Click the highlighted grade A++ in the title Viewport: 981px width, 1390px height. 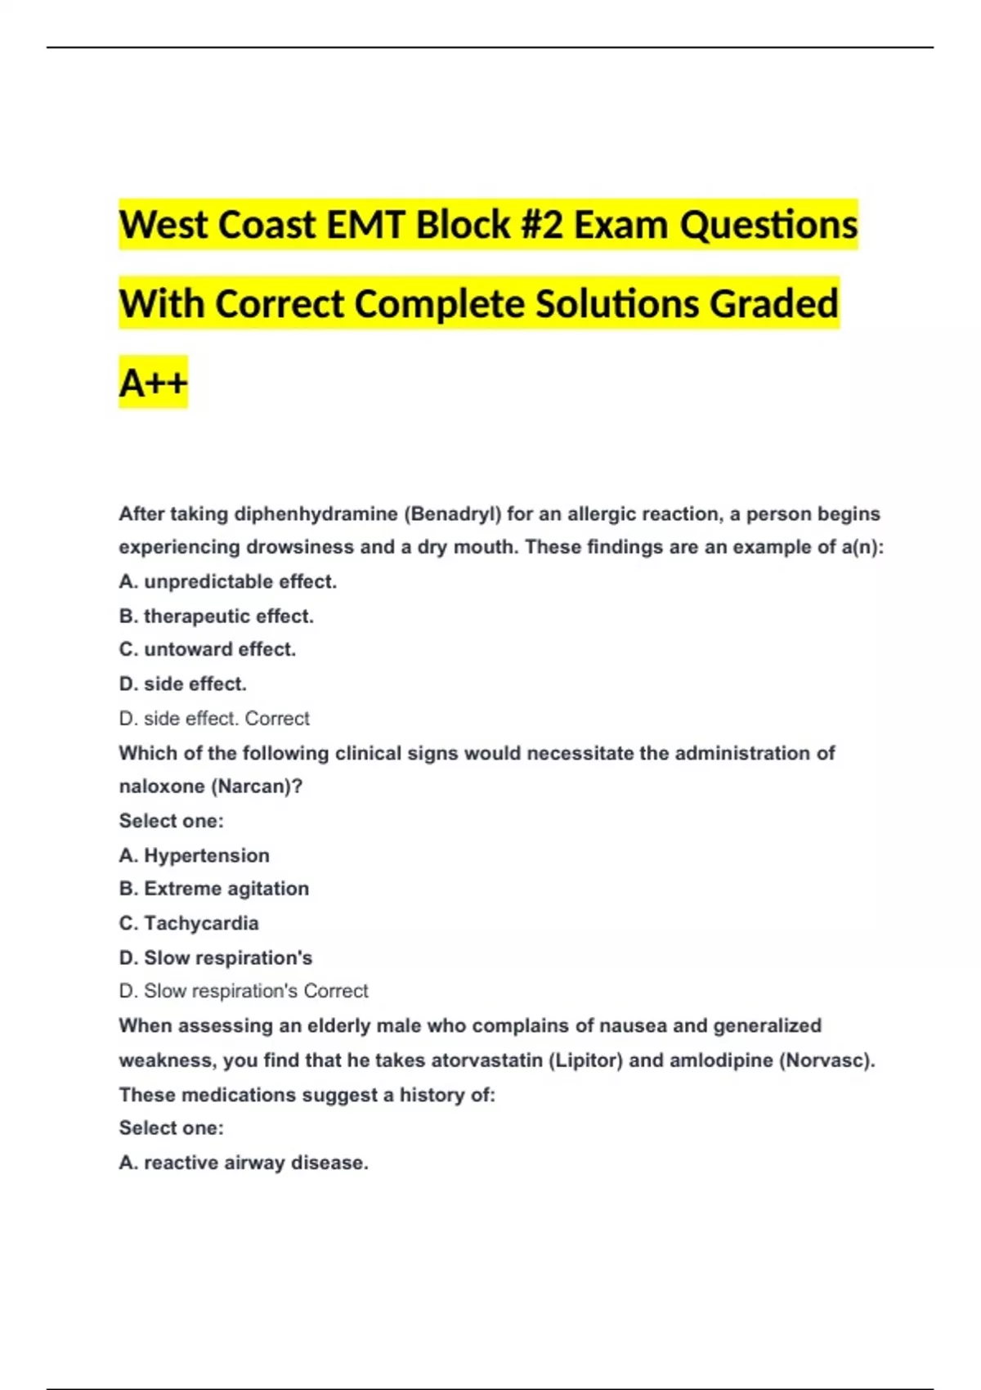[x=153, y=382]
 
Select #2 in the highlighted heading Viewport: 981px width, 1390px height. [x=541, y=225]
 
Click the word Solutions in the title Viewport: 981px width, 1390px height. [x=617, y=303]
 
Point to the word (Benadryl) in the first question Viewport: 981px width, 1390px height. [x=452, y=514]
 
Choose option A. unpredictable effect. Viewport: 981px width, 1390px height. [x=227, y=582]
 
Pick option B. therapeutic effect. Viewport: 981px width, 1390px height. [x=216, y=617]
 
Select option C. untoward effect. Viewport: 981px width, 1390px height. [x=207, y=650]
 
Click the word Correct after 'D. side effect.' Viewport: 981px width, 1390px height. [x=277, y=719]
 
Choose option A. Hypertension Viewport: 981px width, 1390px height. [x=194, y=855]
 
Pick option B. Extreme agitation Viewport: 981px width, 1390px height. [x=213, y=889]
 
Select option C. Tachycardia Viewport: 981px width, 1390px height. [x=188, y=923]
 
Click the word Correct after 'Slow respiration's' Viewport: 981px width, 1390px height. [x=336, y=991]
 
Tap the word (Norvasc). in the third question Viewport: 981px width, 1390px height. [x=826, y=1060]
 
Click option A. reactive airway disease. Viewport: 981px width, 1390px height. [x=243, y=1163]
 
